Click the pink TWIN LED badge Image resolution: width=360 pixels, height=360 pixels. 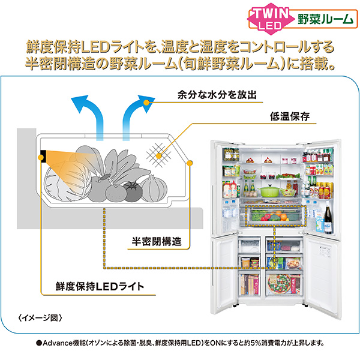[x=269, y=17]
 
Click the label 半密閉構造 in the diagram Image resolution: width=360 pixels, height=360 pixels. [x=157, y=242]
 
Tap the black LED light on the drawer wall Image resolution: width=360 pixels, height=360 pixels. [x=44, y=156]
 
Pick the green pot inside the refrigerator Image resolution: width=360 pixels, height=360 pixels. [x=270, y=190]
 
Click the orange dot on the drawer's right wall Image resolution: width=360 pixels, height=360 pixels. [x=190, y=162]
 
